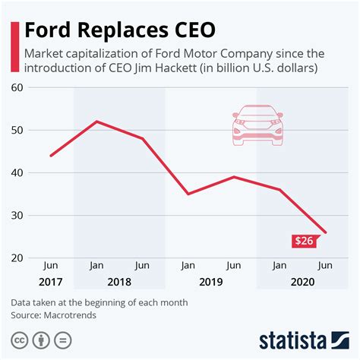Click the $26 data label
305,242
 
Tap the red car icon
258,124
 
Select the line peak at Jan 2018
96,122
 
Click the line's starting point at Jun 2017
51,156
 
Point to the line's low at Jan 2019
188,194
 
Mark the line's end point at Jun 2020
324,232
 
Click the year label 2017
51,282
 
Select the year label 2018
119,282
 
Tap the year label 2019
210,282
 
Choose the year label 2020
302,282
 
